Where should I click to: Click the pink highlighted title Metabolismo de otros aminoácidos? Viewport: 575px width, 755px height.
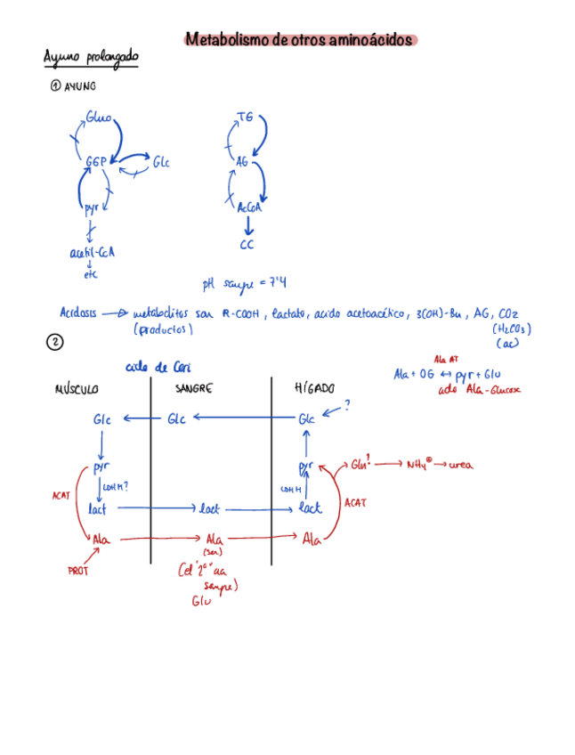point(299,40)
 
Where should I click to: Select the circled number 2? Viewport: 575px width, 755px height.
point(54,343)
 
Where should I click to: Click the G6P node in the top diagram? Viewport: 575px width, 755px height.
point(96,161)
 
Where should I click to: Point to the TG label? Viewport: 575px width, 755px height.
point(246,117)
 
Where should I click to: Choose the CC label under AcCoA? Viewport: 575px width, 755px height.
point(247,244)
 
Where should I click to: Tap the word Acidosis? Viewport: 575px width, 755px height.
point(77,313)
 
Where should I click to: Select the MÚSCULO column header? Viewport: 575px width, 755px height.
point(77,389)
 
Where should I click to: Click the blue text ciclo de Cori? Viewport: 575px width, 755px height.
point(158,367)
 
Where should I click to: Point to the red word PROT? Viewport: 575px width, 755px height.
point(77,572)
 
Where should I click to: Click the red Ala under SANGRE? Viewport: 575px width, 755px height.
point(214,539)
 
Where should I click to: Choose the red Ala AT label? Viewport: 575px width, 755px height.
point(446,359)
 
